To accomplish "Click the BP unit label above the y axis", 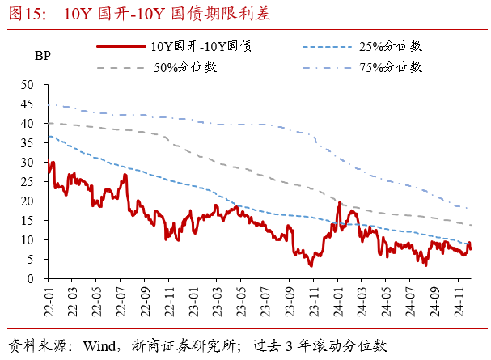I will [x=42, y=57].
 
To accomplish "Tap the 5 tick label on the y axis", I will [x=30, y=260].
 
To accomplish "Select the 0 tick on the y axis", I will [x=30, y=279].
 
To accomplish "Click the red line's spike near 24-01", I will [x=339, y=204].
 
